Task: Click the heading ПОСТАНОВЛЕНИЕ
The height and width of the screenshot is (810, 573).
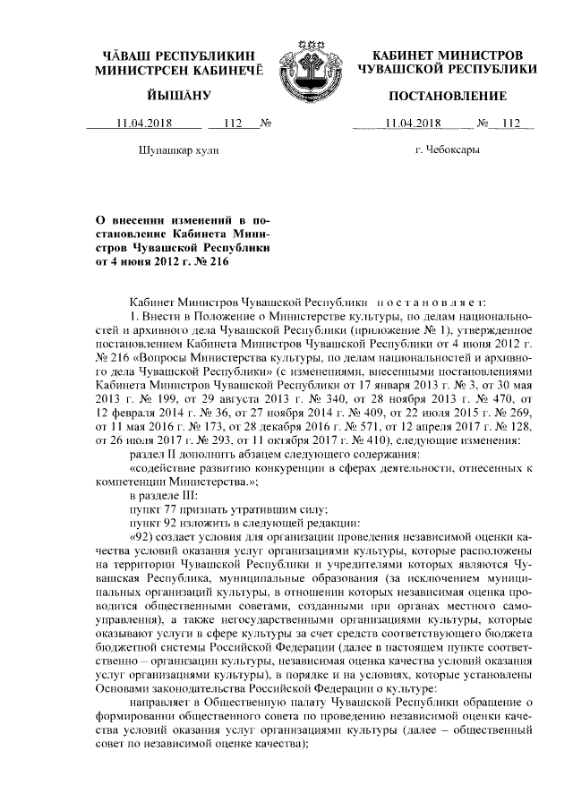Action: tap(448, 96)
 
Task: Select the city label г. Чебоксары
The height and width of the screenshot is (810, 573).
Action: tap(447, 149)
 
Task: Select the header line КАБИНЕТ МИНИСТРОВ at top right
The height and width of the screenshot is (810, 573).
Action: tap(447, 55)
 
